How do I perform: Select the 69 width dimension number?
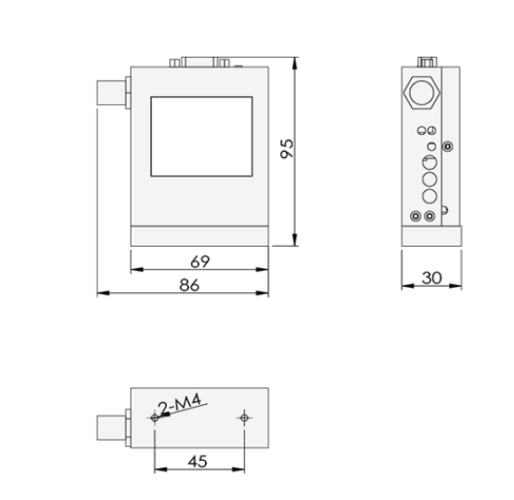pos(199,261)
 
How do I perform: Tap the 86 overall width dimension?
pos(189,284)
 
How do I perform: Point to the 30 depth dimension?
pos(431,277)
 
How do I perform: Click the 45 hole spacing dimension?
pos(199,461)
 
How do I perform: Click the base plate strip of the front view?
pos(199,237)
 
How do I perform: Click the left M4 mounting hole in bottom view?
pos(155,417)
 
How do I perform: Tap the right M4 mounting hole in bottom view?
pos(244,417)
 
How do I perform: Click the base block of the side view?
pos(431,237)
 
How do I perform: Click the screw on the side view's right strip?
pos(447,146)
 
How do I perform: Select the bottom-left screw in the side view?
pos(415,216)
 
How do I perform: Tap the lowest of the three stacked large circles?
pos(430,195)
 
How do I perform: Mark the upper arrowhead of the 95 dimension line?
pos(296,61)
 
